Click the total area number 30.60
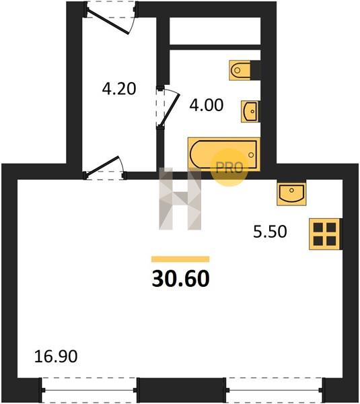(181, 279)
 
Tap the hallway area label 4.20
(119, 89)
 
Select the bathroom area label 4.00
(207, 105)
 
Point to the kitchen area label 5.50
(270, 232)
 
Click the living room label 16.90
(56, 357)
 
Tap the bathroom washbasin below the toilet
(250, 111)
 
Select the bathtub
(224, 154)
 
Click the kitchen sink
(291, 193)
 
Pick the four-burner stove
(325, 234)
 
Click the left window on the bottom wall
(89, 390)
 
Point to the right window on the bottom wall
(275, 390)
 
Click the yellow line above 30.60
(180, 259)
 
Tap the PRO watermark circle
(229, 168)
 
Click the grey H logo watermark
(180, 199)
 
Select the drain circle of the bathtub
(251, 155)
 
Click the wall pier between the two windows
(181, 390)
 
